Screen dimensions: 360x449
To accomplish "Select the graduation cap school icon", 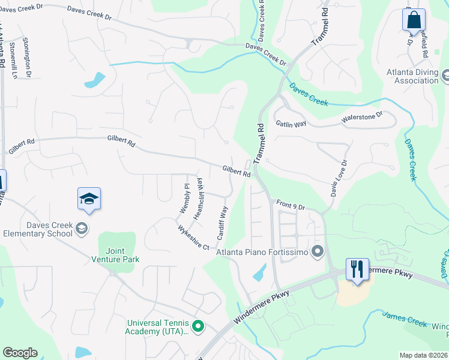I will pyautogui.click(x=89, y=199).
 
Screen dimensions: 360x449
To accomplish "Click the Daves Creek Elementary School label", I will pyautogui.click(x=37, y=229).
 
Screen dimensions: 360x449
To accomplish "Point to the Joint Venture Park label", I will pyautogui.click(x=115, y=255).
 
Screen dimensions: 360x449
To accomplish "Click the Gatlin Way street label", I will pyautogui.click(x=291, y=124).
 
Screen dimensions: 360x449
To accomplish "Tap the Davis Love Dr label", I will pyautogui.click(x=338, y=178).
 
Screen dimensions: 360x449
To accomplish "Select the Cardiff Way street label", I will pyautogui.click(x=222, y=224).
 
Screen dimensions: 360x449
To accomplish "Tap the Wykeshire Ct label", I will pyautogui.click(x=193, y=238).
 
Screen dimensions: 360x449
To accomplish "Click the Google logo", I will pyautogui.click(x=20, y=353).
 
